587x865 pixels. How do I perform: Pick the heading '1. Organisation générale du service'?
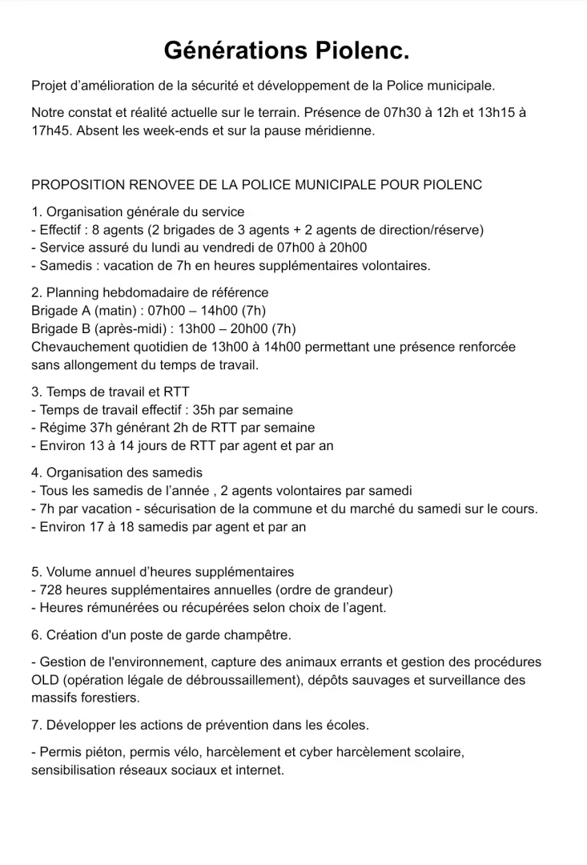tap(138, 212)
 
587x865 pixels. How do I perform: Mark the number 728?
tap(51, 589)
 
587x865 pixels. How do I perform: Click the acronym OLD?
tap(46, 680)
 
